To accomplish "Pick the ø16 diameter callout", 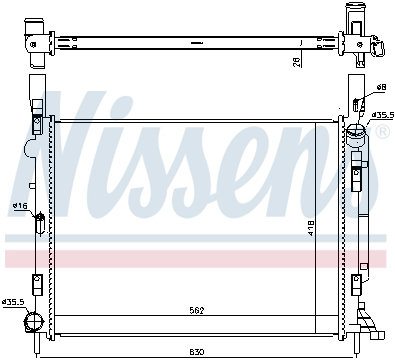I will click(18, 206).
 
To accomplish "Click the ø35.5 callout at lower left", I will click(13, 301).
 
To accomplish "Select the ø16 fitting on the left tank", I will click(38, 218).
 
